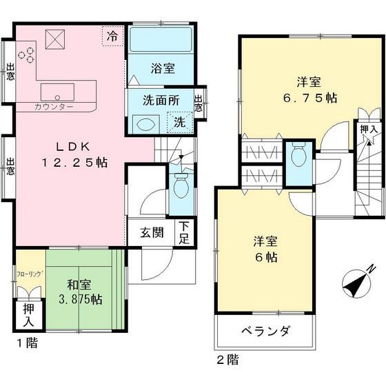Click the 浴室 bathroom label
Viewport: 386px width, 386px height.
click(x=162, y=68)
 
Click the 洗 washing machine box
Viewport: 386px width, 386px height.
click(x=179, y=123)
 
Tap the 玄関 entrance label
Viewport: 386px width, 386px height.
click(x=152, y=232)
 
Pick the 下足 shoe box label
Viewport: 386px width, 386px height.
click(x=184, y=232)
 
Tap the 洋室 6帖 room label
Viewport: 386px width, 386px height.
click(x=264, y=250)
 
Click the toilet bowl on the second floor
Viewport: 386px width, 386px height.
click(x=298, y=155)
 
